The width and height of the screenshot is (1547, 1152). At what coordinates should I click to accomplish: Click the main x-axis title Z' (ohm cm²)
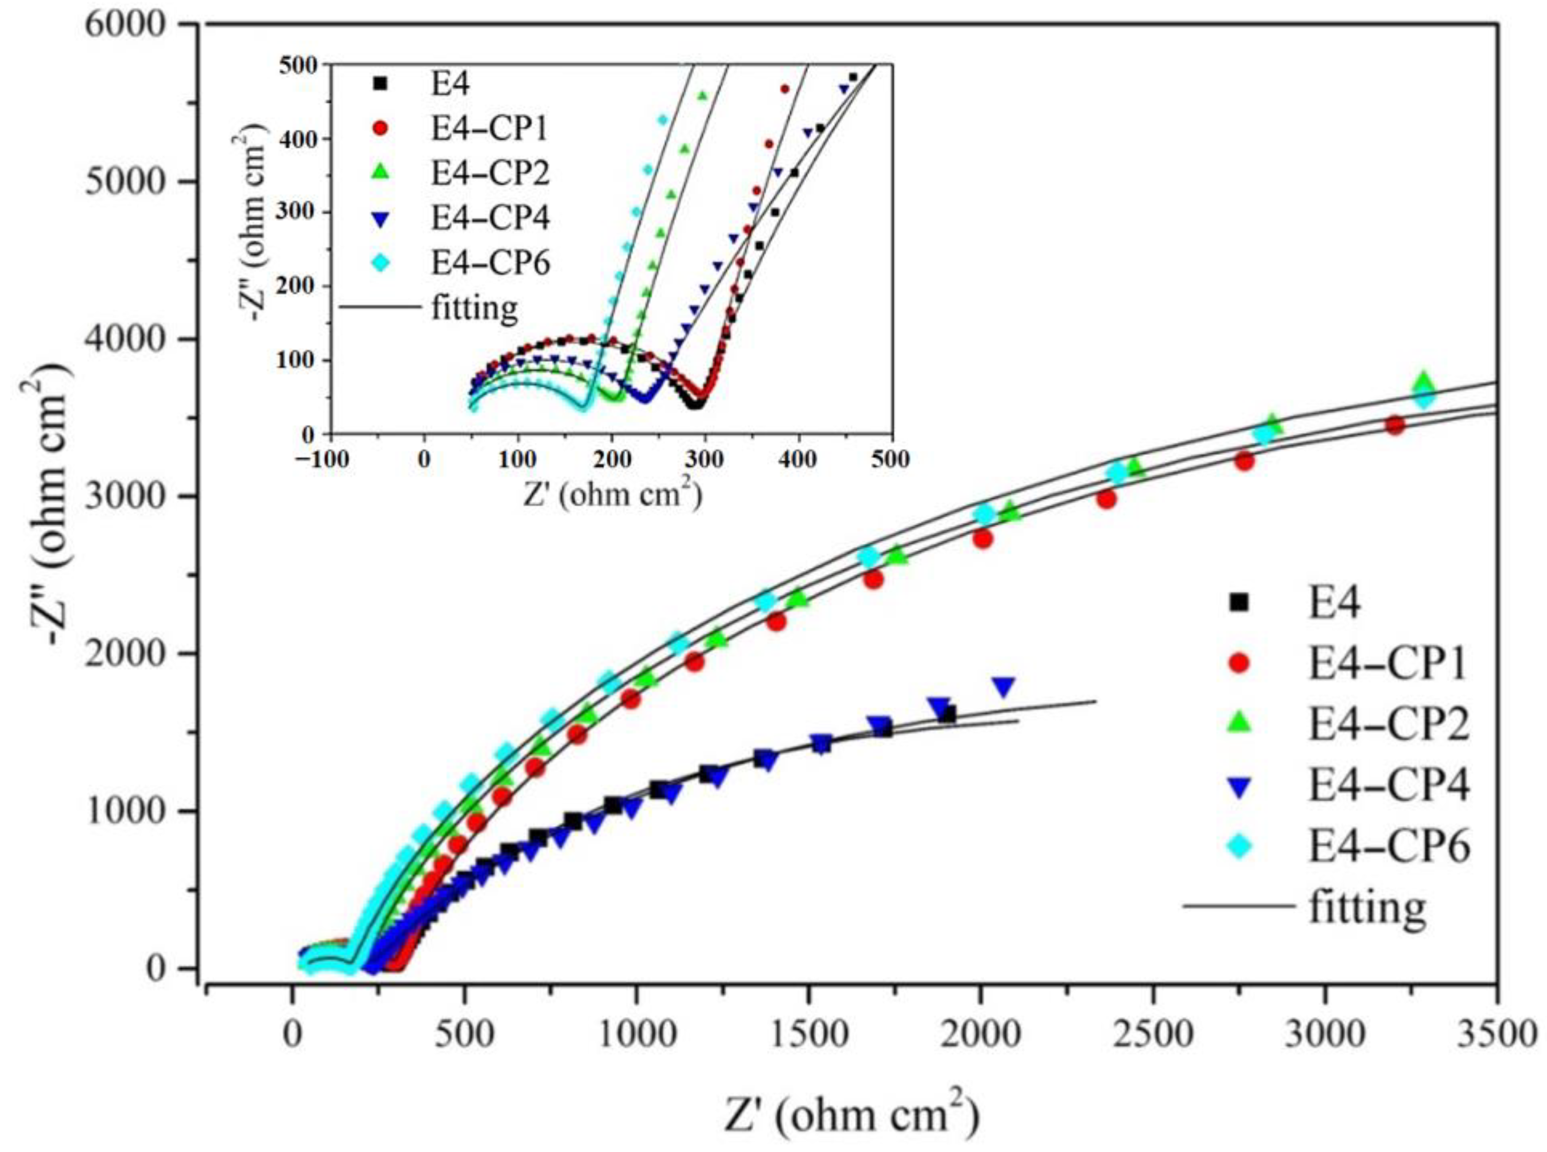click(x=851, y=1114)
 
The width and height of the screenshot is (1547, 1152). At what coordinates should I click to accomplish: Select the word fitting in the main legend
click(x=1367, y=907)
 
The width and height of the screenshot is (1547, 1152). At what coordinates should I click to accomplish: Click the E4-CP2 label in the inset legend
click(x=490, y=173)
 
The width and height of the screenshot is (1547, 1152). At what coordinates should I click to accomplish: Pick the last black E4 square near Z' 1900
click(x=947, y=714)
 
